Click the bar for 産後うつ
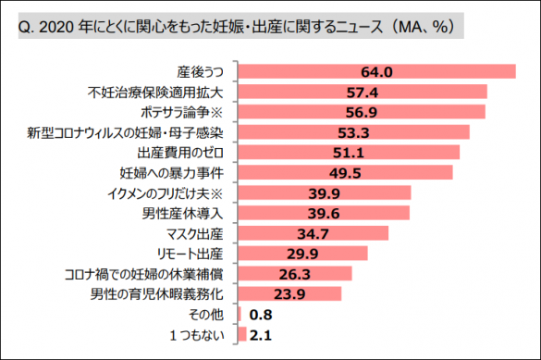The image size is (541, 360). pyautogui.click(x=376, y=71)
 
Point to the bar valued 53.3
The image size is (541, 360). pyautogui.click(x=353, y=132)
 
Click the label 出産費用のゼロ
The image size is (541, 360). pyautogui.click(x=184, y=153)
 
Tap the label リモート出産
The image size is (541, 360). pyautogui.click(x=195, y=253)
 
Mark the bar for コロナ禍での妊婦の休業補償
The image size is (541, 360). pyautogui.click(x=295, y=273)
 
